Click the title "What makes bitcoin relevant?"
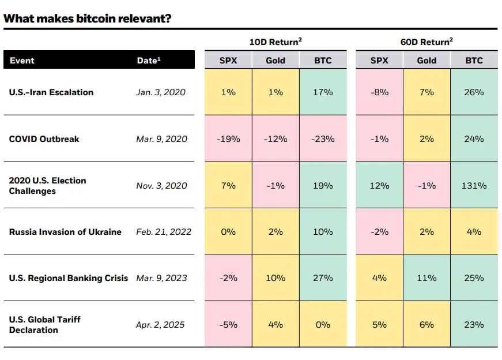(x=88, y=18)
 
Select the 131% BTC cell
(x=474, y=186)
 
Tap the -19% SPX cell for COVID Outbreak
(x=228, y=139)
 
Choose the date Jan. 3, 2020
(x=161, y=92)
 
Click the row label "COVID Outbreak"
(x=44, y=139)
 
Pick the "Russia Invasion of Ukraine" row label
(x=65, y=232)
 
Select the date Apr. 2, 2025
(x=160, y=325)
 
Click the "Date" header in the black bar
(x=148, y=60)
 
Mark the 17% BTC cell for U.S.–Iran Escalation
(x=323, y=92)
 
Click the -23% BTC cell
(x=323, y=139)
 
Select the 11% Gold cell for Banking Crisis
(x=426, y=278)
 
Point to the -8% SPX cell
(x=379, y=92)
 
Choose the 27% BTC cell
(x=323, y=278)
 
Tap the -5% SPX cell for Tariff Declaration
(x=228, y=325)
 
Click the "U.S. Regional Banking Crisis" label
(x=69, y=278)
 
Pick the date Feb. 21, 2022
(x=164, y=232)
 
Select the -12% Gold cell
(x=275, y=139)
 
